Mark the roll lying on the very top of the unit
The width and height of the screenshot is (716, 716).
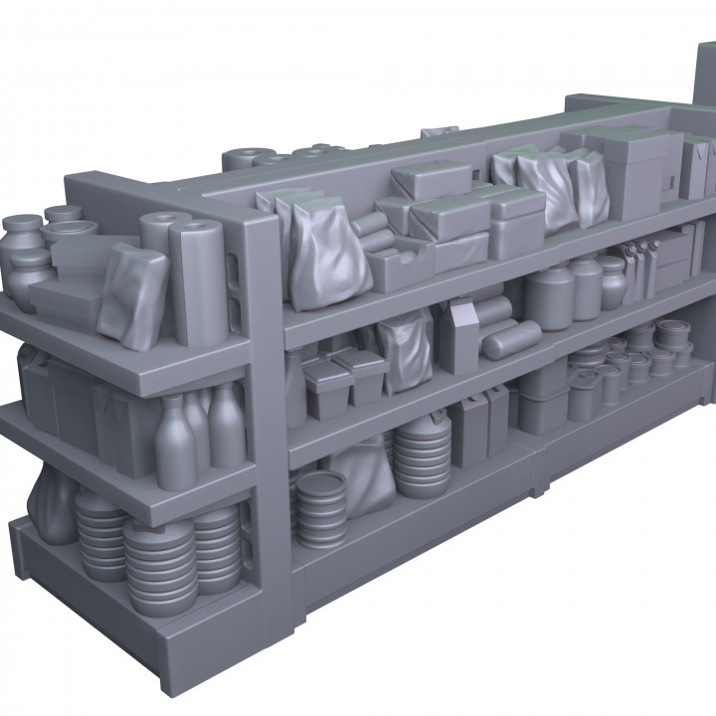click(x=243, y=158)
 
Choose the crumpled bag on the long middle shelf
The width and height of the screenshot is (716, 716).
click(x=405, y=351)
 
